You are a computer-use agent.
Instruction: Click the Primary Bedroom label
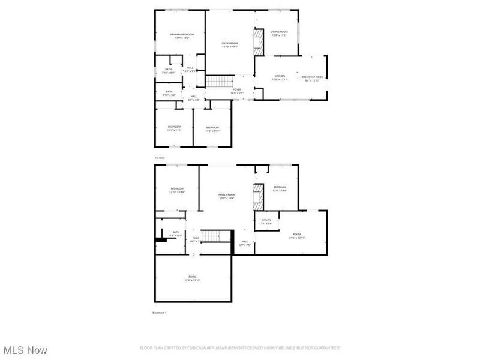pos(182,34)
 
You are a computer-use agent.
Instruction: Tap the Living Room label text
pos(230,43)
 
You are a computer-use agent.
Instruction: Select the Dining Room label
pos(279,32)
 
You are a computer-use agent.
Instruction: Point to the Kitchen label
pos(280,76)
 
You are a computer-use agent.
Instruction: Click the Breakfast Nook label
pos(312,76)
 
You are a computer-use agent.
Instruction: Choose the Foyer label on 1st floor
pos(237,89)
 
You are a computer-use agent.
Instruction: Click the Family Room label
pos(227,194)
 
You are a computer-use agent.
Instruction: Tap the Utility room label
pos(266,220)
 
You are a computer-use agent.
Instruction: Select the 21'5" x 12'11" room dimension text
pos(297,238)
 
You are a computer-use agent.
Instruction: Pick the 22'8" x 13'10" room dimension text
pos(193,280)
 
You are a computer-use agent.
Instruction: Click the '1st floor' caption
pos(160,157)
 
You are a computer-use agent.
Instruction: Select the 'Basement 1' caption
pos(160,313)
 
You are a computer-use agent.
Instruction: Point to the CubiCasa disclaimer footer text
pos(240,348)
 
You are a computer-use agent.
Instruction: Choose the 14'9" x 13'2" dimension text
pos(182,38)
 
